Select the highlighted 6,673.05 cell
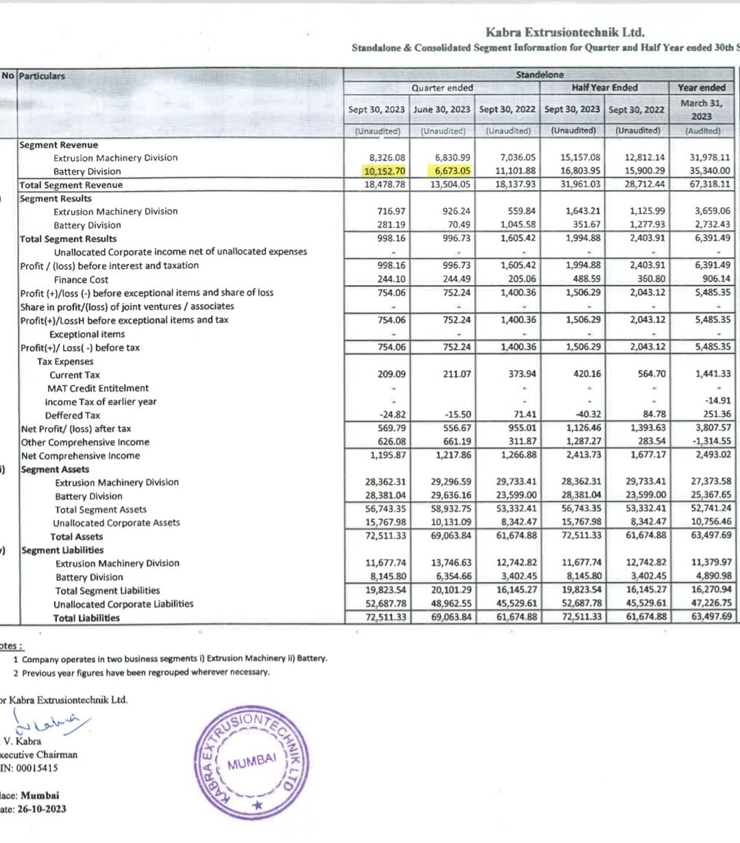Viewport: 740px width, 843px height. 452,171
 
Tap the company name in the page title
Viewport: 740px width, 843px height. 565,32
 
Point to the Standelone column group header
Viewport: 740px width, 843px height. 539,75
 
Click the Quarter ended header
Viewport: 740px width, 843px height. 442,88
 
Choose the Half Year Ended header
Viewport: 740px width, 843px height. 604,88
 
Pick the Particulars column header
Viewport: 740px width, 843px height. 42,76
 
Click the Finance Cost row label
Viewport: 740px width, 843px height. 81,280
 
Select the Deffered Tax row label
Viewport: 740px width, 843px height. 73,415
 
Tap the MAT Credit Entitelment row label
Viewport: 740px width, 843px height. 98,388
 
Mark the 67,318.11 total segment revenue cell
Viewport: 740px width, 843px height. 710,184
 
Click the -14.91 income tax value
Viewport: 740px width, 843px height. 717,401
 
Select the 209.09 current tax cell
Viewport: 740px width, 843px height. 391,374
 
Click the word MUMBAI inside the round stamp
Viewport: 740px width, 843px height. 251,761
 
